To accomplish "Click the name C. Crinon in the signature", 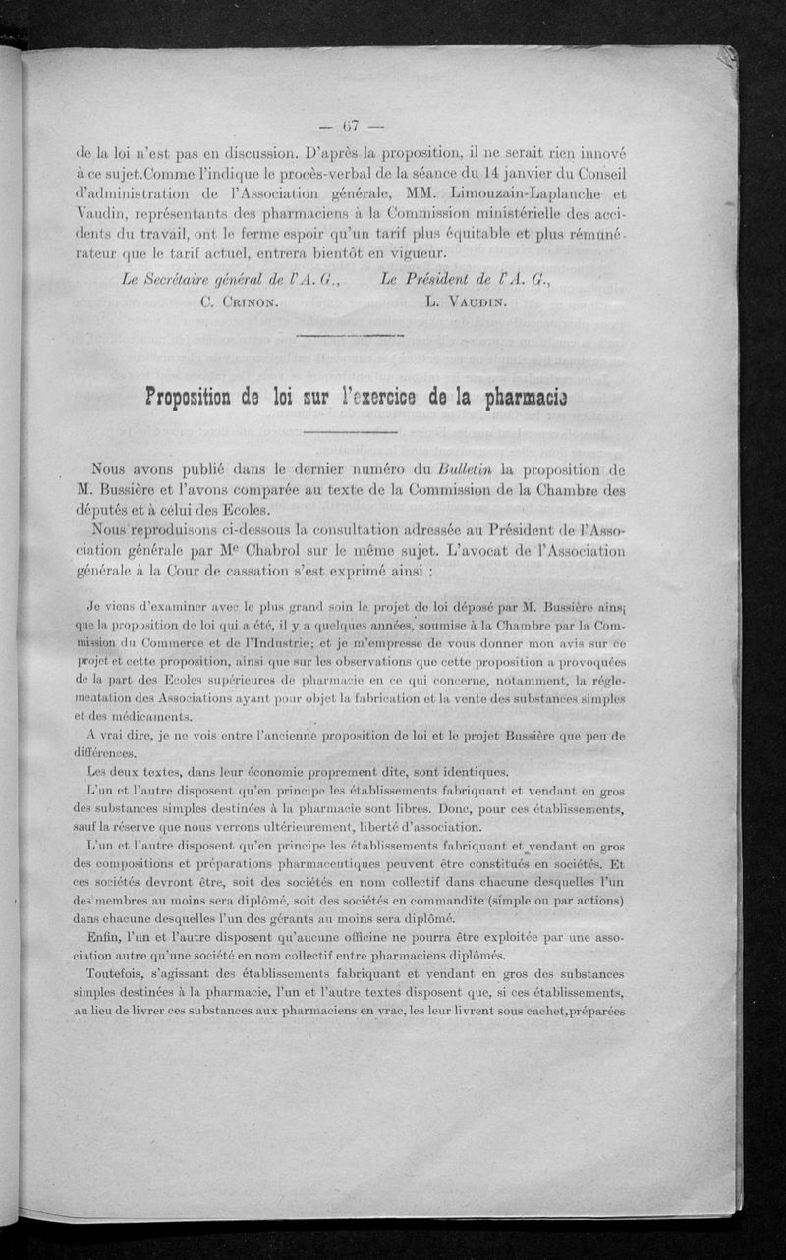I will [x=239, y=302].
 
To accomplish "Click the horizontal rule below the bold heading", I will [x=351, y=432].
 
